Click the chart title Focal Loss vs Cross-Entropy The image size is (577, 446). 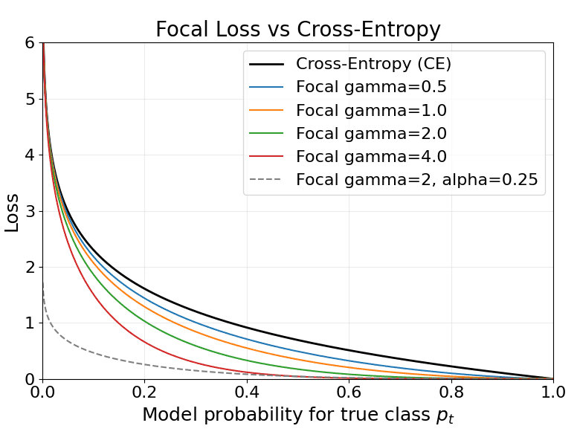pyautogui.click(x=298, y=30)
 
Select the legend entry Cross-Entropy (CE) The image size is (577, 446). pyautogui.click(x=373, y=64)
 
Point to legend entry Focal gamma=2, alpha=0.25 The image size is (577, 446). pyautogui.click(x=416, y=179)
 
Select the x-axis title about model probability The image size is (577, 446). pyautogui.click(x=297, y=416)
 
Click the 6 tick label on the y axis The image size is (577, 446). pyautogui.click(x=30, y=43)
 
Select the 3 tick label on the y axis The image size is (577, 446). pyautogui.click(x=30, y=211)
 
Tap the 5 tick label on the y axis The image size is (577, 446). pyautogui.click(x=30, y=99)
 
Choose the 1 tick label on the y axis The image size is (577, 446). pyautogui.click(x=30, y=323)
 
